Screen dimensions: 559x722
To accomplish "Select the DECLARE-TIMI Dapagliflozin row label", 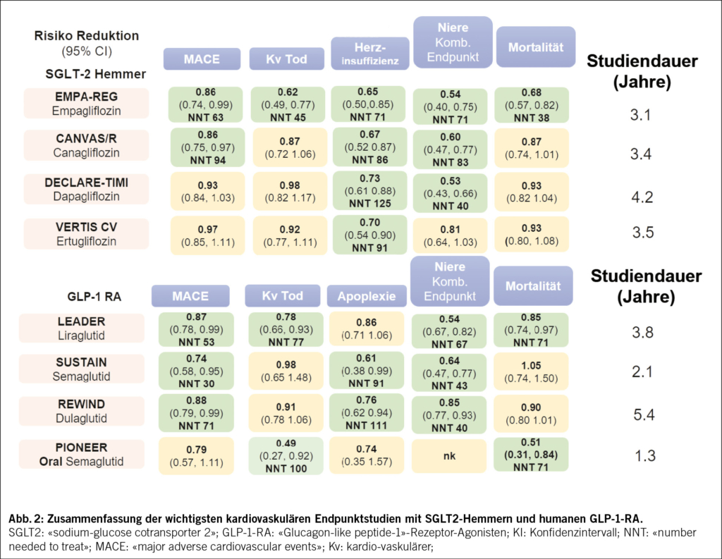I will [x=86, y=189].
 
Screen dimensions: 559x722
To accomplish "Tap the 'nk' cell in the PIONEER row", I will [x=448, y=455].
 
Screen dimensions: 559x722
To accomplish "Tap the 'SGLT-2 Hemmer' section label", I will [x=86, y=73].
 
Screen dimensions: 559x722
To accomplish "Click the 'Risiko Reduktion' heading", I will [x=86, y=35].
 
